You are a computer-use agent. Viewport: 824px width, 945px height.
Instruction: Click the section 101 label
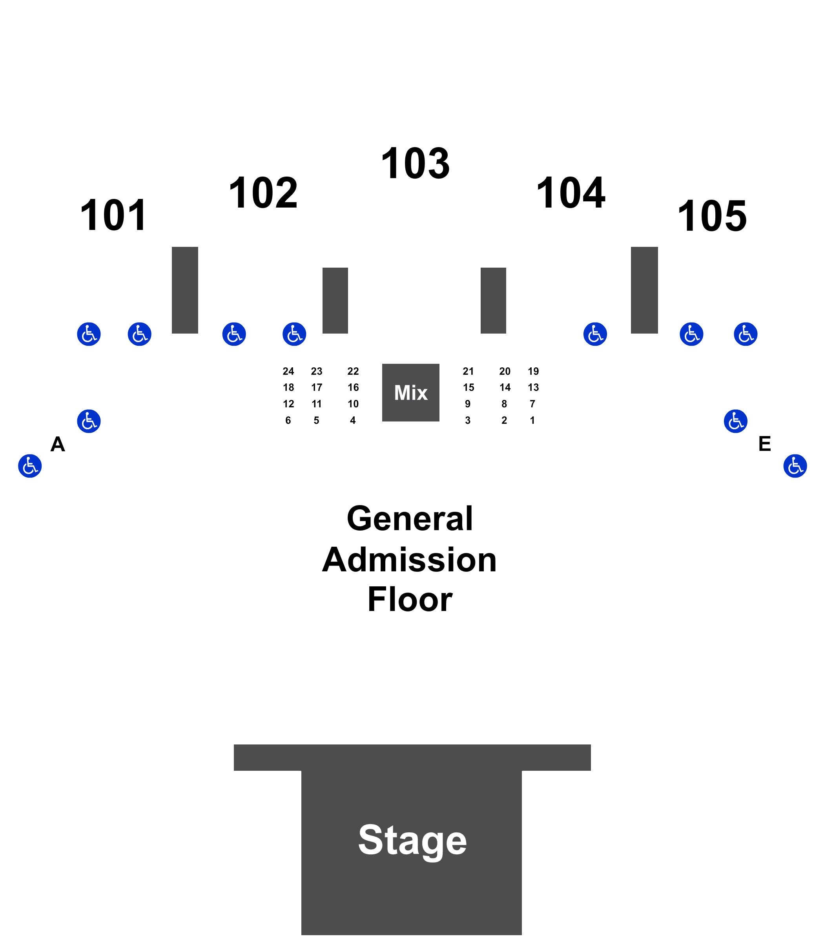click(113, 215)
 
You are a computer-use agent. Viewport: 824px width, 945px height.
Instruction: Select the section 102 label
click(263, 193)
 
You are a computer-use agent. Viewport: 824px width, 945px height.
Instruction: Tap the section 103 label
click(416, 163)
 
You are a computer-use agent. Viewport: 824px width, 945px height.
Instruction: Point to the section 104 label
click(571, 193)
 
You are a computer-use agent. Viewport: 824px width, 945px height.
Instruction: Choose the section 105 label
click(712, 216)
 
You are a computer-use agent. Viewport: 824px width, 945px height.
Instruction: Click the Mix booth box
click(410, 393)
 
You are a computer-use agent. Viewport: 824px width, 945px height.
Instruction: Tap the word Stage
click(412, 840)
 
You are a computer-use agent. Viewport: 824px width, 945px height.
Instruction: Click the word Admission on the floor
click(409, 560)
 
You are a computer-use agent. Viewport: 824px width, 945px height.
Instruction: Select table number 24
click(288, 371)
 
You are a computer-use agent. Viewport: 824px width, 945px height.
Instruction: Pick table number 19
click(533, 371)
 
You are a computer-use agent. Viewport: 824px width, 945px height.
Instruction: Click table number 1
click(532, 420)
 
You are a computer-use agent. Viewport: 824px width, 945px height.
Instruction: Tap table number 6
click(288, 420)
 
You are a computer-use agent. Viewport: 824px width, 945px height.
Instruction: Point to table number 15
click(469, 388)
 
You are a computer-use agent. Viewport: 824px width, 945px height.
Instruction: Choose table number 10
click(353, 404)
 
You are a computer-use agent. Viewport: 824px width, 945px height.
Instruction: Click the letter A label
click(57, 444)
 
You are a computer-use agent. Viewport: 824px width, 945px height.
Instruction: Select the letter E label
click(765, 444)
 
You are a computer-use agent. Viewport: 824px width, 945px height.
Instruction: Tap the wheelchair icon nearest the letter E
click(736, 421)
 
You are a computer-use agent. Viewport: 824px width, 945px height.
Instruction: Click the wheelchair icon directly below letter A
click(30, 466)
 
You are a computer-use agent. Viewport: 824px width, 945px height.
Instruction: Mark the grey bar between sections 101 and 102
click(185, 290)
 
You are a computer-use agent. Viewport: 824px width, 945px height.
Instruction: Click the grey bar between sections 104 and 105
click(644, 290)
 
